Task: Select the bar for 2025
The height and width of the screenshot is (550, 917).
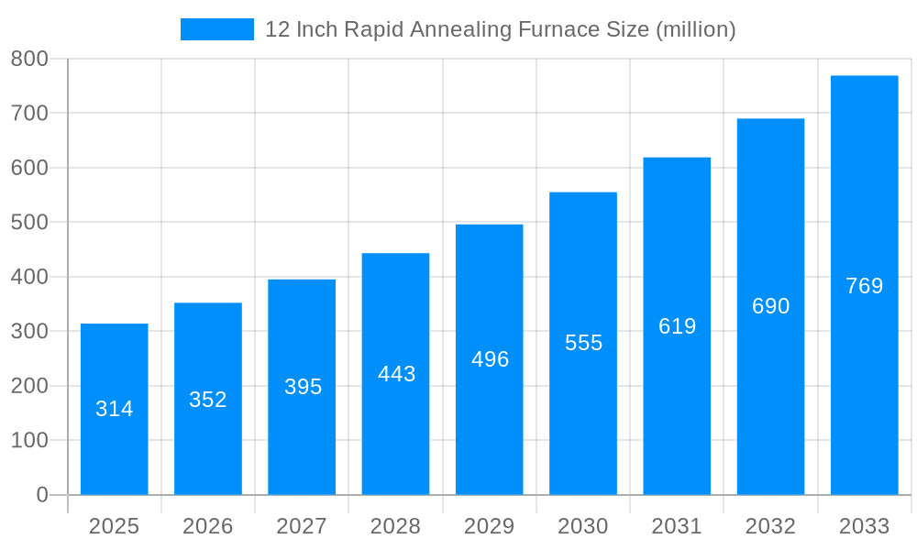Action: pos(115,409)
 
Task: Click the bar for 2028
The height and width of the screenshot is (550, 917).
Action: pos(395,374)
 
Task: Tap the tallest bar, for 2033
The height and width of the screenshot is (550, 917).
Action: pos(864,285)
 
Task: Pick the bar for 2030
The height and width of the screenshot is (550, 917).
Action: pos(583,343)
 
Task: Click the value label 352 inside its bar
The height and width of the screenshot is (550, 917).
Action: pos(208,400)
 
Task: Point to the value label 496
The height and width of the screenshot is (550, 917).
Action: pos(490,359)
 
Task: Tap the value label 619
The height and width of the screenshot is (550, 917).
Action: pos(677,326)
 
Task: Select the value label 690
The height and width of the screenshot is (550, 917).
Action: pos(770,306)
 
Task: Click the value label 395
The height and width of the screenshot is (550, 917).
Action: pos(303,387)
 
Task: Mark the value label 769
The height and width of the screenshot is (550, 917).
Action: pos(864,286)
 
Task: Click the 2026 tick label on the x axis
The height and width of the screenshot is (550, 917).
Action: pos(208,526)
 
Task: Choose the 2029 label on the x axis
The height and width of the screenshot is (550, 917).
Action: pos(490,526)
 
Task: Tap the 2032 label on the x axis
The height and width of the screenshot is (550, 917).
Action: pos(770,526)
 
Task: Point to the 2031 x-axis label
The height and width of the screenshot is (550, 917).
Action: pos(677,526)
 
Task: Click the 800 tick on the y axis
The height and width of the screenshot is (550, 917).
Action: pos(29,59)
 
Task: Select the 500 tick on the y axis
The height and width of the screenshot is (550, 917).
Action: pos(29,222)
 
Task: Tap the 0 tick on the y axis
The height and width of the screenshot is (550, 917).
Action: pos(42,495)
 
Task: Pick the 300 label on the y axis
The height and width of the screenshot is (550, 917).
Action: pos(29,331)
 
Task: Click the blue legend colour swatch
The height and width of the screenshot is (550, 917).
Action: pos(217,29)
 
